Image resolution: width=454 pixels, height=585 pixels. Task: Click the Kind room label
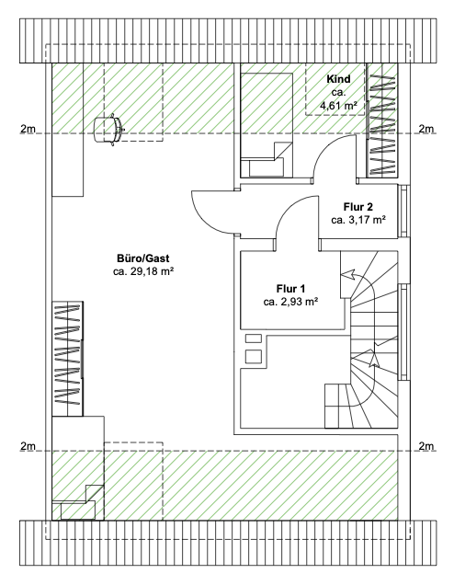coord(338,79)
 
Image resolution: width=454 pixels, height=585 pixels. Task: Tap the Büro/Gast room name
coord(143,258)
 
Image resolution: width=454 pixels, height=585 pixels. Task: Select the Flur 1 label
coord(290,289)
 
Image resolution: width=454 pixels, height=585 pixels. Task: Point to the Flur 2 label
coord(358,207)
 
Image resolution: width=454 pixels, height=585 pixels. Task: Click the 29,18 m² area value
coord(153,271)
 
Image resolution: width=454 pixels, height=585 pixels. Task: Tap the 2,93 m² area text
coord(299,303)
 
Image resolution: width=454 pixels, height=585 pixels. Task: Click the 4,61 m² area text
coord(338,106)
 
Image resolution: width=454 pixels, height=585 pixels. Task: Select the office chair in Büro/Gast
coord(108,130)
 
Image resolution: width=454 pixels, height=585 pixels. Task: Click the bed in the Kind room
coord(267,125)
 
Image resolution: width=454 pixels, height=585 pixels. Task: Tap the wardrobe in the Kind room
coord(381,120)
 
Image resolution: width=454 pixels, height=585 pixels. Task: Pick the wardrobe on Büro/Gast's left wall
coord(67,359)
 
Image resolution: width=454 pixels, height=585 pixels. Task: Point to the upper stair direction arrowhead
coord(347,275)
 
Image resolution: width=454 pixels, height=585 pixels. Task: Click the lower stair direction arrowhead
coord(373,359)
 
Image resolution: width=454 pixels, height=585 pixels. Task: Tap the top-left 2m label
coord(28,129)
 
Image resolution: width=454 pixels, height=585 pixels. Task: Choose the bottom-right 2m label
coord(426,446)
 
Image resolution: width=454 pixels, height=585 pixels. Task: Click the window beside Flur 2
coord(404,211)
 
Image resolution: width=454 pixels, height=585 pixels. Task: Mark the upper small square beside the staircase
coord(253,338)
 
